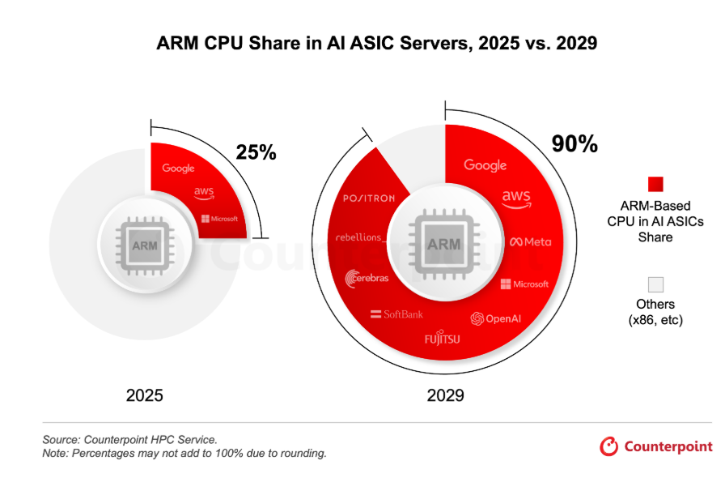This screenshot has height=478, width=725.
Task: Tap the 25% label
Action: click(x=256, y=152)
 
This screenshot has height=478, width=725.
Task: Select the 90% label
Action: click(x=574, y=144)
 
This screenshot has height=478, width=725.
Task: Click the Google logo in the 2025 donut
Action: click(x=178, y=169)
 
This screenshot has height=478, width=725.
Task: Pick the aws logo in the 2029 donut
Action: click(x=515, y=199)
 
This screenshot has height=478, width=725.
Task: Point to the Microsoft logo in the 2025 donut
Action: click(x=219, y=219)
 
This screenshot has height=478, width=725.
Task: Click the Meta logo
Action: click(x=530, y=242)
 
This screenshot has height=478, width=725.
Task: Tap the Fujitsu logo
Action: click(x=442, y=338)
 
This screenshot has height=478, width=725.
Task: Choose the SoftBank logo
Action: click(x=396, y=314)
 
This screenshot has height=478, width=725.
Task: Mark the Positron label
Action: click(x=368, y=198)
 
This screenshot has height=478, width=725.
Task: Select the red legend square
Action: click(x=655, y=184)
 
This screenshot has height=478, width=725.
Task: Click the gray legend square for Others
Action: click(x=655, y=284)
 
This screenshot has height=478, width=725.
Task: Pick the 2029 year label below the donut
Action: click(x=445, y=396)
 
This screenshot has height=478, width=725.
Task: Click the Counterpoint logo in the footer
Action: click(x=656, y=446)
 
